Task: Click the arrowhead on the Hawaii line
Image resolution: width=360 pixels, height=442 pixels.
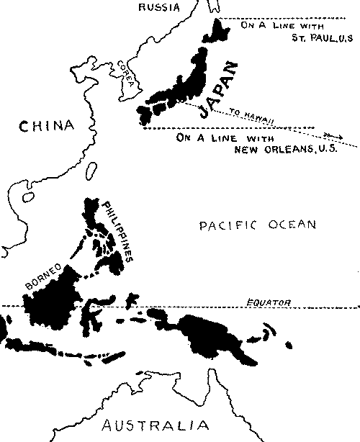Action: (x=332, y=135)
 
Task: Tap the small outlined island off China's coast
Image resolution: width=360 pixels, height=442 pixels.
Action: (x=91, y=171)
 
